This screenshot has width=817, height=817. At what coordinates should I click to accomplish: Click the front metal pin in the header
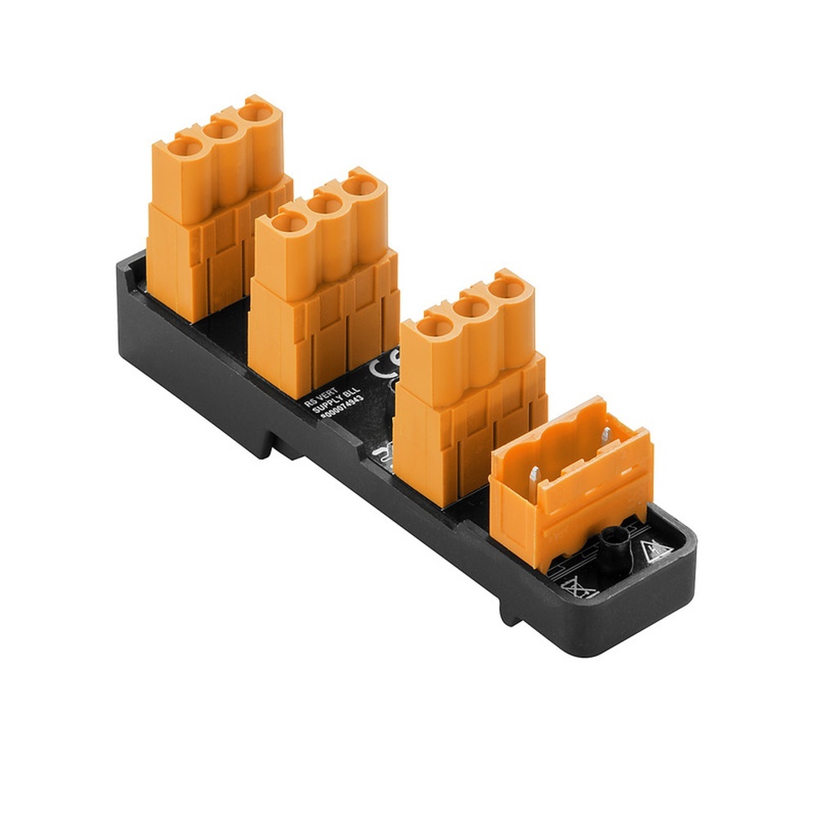click(532, 474)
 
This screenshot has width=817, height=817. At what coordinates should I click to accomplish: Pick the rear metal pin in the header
click(606, 436)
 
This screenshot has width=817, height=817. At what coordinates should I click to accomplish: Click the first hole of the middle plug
click(288, 221)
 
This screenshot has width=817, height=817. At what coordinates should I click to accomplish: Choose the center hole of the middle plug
click(324, 203)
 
